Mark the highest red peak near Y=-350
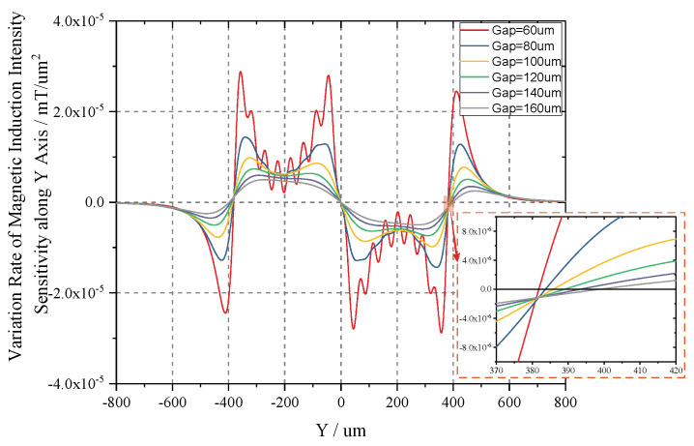[x=241, y=72]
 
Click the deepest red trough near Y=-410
[x=225, y=312]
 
